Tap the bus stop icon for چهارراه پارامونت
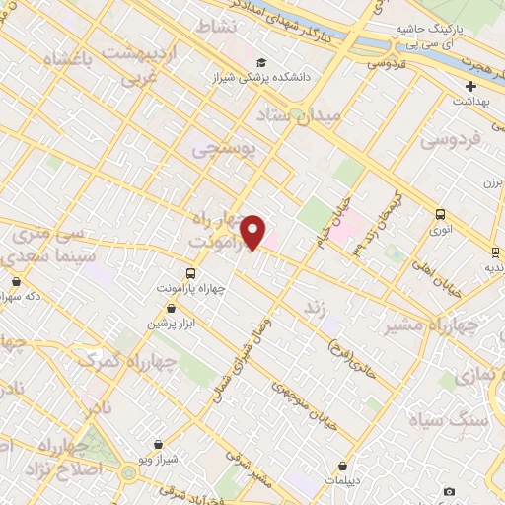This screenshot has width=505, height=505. click(189, 273)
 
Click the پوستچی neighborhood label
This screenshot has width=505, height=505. click(223, 150)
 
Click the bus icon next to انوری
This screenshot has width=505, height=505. click(440, 214)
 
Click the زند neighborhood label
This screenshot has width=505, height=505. click(314, 308)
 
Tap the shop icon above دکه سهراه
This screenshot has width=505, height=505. click(16, 281)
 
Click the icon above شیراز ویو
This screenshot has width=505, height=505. click(159, 445)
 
